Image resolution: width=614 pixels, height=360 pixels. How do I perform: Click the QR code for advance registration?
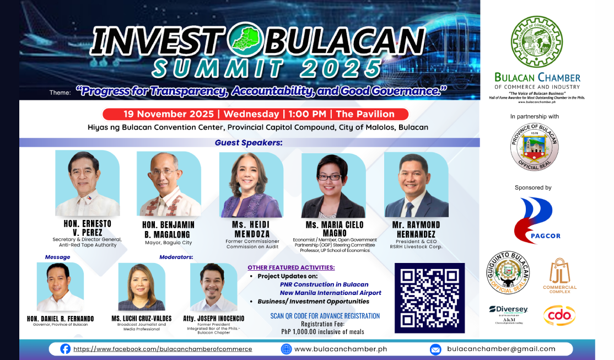coord(430,298)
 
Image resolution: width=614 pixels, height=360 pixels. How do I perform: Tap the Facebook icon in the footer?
coord(65,348)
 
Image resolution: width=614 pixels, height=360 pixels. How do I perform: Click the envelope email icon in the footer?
coord(435,349)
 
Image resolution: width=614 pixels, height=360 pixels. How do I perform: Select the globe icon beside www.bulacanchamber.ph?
coord(286,349)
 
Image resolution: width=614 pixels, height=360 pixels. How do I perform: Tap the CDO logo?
coord(559,315)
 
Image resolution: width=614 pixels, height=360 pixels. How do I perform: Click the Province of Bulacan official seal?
coord(534,147)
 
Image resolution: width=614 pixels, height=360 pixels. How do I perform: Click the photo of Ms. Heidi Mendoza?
coord(251,185)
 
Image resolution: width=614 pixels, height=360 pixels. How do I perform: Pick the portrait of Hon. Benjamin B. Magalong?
coord(168,185)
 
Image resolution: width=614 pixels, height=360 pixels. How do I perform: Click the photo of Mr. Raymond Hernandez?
coord(416,185)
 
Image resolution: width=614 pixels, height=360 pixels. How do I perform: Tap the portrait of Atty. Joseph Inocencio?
coord(213,287)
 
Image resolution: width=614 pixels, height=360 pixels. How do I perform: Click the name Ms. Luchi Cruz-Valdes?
coord(141,319)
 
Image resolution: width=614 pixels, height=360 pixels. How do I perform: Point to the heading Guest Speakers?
coord(248,143)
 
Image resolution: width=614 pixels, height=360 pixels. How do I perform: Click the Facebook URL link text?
coord(163,349)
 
